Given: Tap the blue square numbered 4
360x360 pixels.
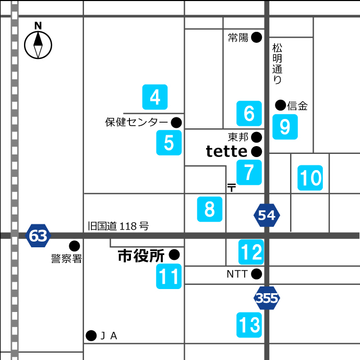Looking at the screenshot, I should pos(155,97).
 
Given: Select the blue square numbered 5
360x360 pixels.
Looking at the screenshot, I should pos(169,142).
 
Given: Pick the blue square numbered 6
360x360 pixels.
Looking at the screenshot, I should pos(249,113).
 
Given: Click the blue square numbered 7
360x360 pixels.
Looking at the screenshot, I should pos(249,172).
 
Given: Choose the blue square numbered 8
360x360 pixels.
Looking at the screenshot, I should pos(210,209).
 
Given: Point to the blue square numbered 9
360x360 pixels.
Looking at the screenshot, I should pos(285,126).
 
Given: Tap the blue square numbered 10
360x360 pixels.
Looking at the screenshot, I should pos(310,178).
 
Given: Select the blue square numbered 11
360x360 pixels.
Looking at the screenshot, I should pos(169,277).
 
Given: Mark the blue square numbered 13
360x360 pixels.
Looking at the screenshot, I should pos(249,325).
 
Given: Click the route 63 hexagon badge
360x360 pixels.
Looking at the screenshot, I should pos(38,236).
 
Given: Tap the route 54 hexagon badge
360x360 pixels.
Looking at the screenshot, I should pos(267,215).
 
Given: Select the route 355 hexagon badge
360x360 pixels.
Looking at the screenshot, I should pos(267,298).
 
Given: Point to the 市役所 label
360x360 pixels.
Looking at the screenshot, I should pos(141,256).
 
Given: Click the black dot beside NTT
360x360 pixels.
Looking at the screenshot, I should pos(256,273).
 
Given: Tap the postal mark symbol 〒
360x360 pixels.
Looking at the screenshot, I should pos(231,187).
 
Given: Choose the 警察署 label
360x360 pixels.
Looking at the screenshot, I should pos(66,259).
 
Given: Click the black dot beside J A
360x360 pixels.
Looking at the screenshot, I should pos(91,335).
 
